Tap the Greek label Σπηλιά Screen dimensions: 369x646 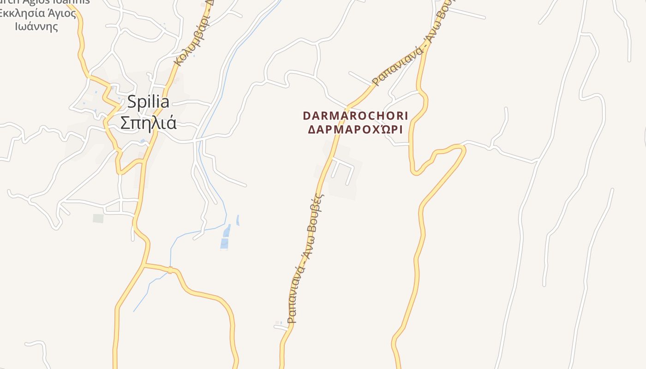(148, 122)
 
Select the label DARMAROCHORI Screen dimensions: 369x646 (356, 115)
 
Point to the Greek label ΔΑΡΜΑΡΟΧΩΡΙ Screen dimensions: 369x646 (356, 129)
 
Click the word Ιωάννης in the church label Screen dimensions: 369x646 (36, 26)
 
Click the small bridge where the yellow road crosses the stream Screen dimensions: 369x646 (170, 270)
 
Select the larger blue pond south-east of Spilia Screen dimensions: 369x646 (225, 237)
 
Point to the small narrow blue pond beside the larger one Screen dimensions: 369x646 (238, 220)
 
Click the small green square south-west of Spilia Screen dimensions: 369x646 (98, 218)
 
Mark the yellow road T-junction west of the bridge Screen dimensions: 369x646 (144, 265)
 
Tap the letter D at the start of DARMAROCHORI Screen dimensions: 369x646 (306, 115)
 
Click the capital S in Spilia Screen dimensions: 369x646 (132, 102)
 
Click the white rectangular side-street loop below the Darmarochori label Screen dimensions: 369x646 (343, 169)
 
